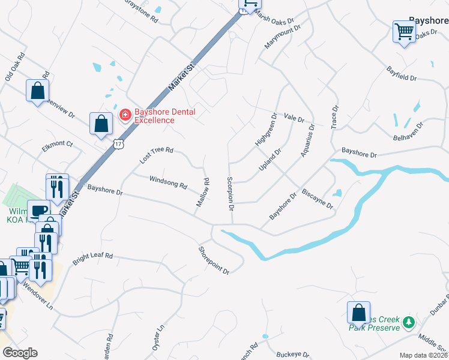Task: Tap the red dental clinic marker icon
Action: [125, 114]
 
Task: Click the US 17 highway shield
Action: [118, 143]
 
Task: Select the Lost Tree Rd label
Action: [156, 155]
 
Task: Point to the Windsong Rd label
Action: [168, 182]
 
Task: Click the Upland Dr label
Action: [270, 160]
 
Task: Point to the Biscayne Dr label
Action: [318, 200]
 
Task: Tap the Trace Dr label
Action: [335, 116]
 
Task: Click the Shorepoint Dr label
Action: [214, 260]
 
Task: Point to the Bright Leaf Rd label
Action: [92, 259]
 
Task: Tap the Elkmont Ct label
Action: [57, 144]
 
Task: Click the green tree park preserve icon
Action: [409, 323]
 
